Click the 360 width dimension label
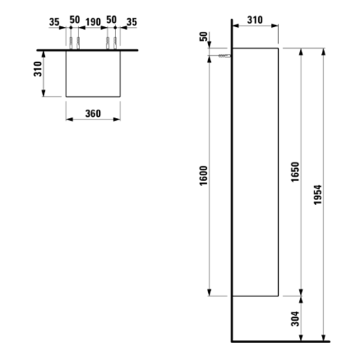click(93, 113)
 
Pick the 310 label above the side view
click(255, 20)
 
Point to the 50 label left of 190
click(74, 20)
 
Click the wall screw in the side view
click(222, 56)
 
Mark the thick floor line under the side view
click(280, 340)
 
